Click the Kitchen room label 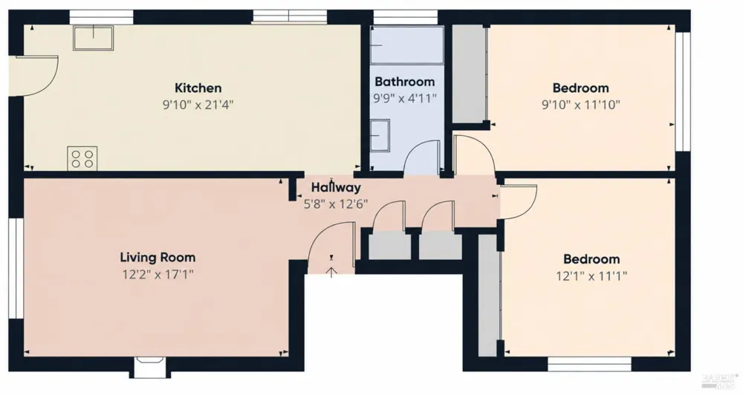coord(198,88)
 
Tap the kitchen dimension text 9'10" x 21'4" coord(198,105)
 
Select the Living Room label coord(158,258)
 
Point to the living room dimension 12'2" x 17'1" coord(158,274)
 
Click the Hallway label coord(336,187)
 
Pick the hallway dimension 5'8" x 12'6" coord(336,204)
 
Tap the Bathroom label coord(405,82)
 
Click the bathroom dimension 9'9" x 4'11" coord(405,99)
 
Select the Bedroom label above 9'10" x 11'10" coord(581,88)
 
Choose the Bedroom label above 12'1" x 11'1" coord(591,259)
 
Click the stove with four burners coord(82,158)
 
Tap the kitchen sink coord(94,38)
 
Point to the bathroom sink coord(380,135)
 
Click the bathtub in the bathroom coord(406,45)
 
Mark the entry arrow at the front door coord(331,271)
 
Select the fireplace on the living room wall coord(150,366)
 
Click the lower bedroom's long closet coord(488,295)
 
